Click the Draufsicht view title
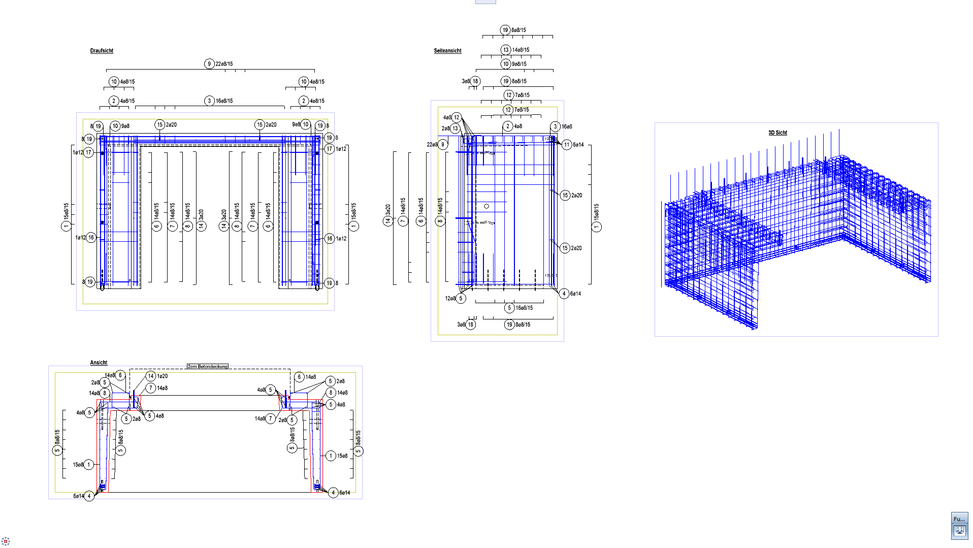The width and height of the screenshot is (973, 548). [x=102, y=51]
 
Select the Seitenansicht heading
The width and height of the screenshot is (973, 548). [x=447, y=51]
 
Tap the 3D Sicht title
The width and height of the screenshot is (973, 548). [x=777, y=133]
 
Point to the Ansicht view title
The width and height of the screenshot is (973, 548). [x=99, y=363]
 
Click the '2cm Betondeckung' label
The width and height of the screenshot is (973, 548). [x=208, y=366]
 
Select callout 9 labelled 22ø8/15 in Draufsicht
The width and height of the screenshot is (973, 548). [x=209, y=64]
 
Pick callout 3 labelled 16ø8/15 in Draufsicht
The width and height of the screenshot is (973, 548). [x=209, y=101]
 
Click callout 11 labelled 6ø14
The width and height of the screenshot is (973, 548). [x=567, y=145]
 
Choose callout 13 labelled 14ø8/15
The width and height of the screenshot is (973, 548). [x=505, y=50]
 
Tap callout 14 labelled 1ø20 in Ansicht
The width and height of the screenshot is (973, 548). [x=151, y=376]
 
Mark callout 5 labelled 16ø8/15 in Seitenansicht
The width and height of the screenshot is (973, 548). [x=509, y=308]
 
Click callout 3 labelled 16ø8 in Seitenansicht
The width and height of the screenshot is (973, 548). [x=555, y=126]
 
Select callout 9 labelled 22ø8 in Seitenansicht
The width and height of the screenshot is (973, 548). [x=443, y=145]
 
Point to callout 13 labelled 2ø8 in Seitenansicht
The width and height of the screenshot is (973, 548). [x=455, y=128]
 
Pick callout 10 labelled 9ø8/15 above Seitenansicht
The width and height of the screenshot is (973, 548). [x=505, y=64]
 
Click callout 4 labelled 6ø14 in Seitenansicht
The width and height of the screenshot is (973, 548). [x=564, y=294]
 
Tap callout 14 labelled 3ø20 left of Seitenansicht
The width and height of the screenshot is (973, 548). [x=388, y=221]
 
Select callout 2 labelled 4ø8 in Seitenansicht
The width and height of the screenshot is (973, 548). [x=507, y=126]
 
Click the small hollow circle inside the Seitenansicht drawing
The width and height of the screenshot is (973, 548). [x=487, y=206]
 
